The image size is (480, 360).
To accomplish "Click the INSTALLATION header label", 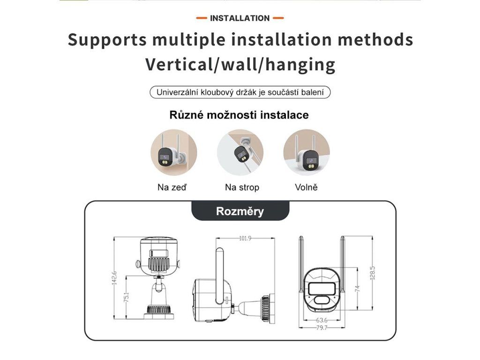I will click(240, 18).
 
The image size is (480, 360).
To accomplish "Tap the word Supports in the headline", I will click(107, 39).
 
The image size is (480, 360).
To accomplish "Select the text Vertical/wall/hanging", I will click(240, 64).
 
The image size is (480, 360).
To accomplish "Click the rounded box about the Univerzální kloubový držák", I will click(240, 92).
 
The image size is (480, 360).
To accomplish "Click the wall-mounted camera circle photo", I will click(173, 153).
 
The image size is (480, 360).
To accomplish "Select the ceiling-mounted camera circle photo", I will click(240, 153).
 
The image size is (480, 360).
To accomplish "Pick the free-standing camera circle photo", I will click(307, 153).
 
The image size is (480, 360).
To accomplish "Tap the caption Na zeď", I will click(172, 187).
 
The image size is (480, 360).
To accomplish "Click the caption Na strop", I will click(242, 187).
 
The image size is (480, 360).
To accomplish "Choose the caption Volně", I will click(306, 187).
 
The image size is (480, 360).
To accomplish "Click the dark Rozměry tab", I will click(240, 211).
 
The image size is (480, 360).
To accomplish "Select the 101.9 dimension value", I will click(245, 238).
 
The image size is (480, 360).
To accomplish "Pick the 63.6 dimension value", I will click(322, 320).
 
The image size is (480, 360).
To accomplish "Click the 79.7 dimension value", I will click(322, 328).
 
